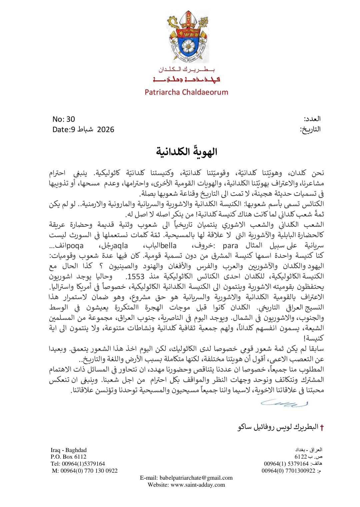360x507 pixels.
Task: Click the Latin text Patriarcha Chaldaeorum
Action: [x=186, y=92]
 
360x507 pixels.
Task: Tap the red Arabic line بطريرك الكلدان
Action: [x=187, y=69]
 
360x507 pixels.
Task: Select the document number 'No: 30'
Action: [x=64, y=119]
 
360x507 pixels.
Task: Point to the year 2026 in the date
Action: [x=105, y=129]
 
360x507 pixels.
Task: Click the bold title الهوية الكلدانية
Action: [x=187, y=152]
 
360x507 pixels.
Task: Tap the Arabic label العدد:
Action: [x=312, y=119]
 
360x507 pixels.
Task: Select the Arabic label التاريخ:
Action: [x=310, y=129]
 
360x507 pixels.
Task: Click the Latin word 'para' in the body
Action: [x=230, y=246]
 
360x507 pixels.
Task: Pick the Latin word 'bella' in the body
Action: [x=169, y=246]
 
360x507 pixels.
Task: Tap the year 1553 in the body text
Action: [x=136, y=277]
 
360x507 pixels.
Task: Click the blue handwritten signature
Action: [x=284, y=403]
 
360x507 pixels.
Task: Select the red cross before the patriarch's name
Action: [x=322, y=428]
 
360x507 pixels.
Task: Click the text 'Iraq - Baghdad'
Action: [x=68, y=450]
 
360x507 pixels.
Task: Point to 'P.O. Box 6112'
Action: [x=68, y=457]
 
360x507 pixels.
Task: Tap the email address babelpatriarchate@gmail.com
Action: [x=196, y=478]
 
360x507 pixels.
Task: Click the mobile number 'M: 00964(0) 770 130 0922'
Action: [x=85, y=471]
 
